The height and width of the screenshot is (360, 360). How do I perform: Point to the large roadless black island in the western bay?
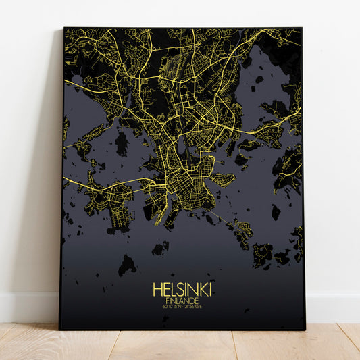(122, 143)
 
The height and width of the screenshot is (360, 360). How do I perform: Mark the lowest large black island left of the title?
(126, 265)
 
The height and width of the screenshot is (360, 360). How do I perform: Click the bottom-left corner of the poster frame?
(61, 328)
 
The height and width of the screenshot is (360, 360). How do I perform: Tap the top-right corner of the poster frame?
(301, 28)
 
